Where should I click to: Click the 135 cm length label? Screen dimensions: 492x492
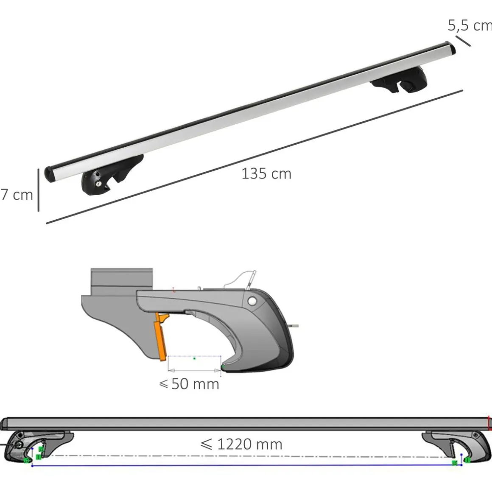pyautogui.click(x=266, y=174)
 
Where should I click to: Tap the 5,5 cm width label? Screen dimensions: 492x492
pyautogui.click(x=470, y=25)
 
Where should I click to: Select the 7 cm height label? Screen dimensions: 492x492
pyautogui.click(x=17, y=195)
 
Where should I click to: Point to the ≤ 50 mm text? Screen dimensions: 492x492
pyautogui.click(x=189, y=384)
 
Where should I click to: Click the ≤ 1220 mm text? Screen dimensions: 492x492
pyautogui.click(x=241, y=444)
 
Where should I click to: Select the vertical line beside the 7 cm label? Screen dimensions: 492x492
pyautogui.click(x=39, y=190)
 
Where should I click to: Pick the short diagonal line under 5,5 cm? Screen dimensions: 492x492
pyautogui.click(x=463, y=41)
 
